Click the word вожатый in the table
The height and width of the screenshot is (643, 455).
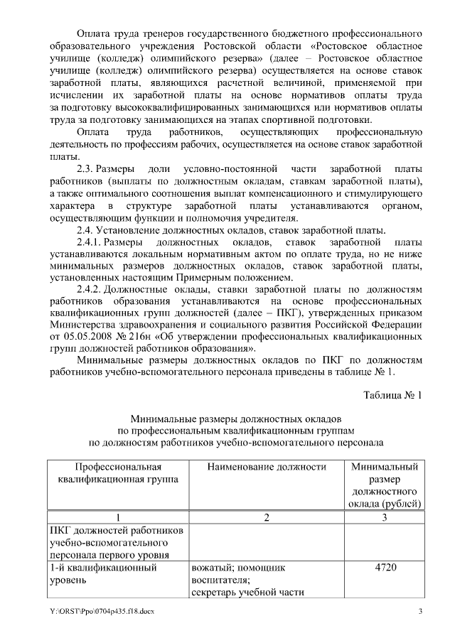[212, 568]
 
